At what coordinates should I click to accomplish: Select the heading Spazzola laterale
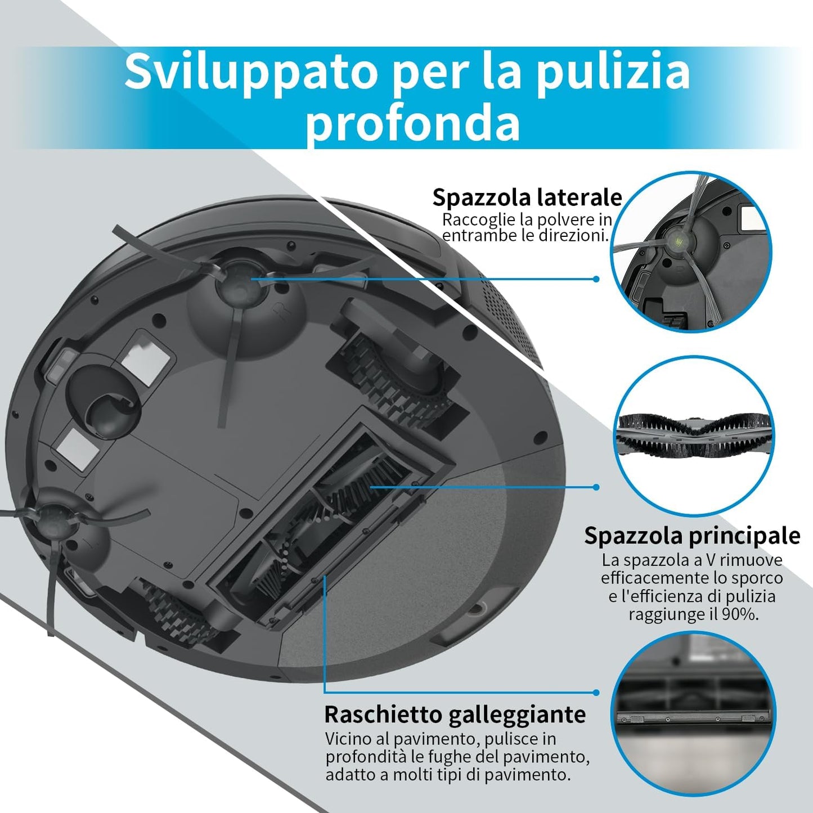pos(527,197)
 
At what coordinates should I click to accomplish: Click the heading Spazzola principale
pos(691,535)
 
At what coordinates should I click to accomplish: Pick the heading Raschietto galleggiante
pos(455,715)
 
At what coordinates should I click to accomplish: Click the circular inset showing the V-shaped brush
pos(693,436)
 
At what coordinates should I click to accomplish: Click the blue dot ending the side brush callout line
pos(596,279)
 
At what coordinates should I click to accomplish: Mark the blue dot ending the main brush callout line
pos(596,487)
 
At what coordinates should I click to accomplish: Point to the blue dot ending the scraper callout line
pos(596,693)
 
